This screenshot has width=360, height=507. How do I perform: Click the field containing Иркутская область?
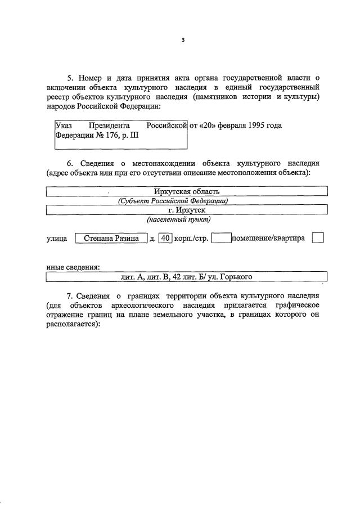pos(186,192)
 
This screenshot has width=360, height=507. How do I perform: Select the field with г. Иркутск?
pos(186,210)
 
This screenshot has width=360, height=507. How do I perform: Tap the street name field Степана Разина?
pos(111,238)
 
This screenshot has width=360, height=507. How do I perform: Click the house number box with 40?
pos(165,238)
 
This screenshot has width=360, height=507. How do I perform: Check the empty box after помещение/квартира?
pos(318,238)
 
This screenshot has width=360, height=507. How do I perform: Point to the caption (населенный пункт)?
pos(179,219)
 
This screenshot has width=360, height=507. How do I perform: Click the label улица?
pos(57,239)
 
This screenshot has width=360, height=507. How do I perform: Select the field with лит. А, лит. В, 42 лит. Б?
pos(186,277)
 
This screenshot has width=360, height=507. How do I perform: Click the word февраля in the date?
pos(227,125)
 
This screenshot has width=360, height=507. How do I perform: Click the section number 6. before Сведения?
pos(71,162)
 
